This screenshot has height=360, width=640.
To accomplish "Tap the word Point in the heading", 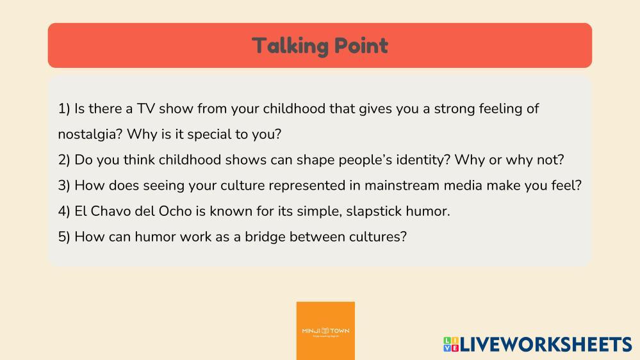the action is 361,45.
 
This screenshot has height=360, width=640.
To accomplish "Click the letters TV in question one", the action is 145,109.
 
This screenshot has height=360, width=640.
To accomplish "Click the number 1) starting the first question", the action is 64,109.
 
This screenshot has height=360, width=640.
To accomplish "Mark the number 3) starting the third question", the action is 64,186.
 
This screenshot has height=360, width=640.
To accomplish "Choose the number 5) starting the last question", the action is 64,237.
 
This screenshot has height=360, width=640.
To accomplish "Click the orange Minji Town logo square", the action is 325,331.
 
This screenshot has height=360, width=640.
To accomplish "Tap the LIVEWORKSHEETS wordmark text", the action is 546,345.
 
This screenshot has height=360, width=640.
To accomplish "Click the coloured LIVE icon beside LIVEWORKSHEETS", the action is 451,345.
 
